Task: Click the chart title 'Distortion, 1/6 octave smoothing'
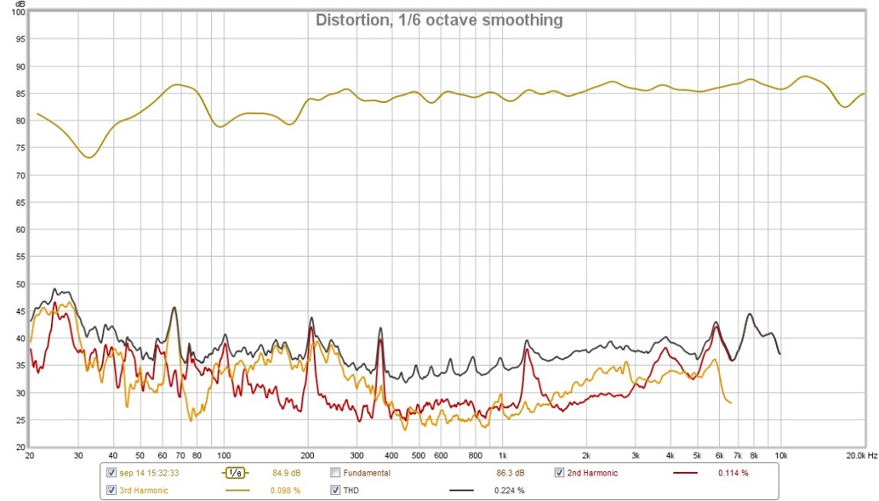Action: [x=439, y=20]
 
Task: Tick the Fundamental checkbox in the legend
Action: [x=335, y=473]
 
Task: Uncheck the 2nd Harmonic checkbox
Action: [x=559, y=473]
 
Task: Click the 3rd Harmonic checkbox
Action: [x=111, y=490]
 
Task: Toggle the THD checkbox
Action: [x=335, y=490]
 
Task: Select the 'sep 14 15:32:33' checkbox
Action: [x=111, y=473]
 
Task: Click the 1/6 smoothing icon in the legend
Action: [x=233, y=473]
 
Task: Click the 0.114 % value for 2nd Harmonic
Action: [x=732, y=474]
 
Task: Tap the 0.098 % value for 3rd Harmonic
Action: [x=285, y=490]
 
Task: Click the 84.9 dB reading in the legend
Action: [x=287, y=474]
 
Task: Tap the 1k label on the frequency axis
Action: [x=502, y=456]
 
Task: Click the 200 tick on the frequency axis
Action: [x=308, y=456]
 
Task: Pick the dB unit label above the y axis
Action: [x=18, y=4]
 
